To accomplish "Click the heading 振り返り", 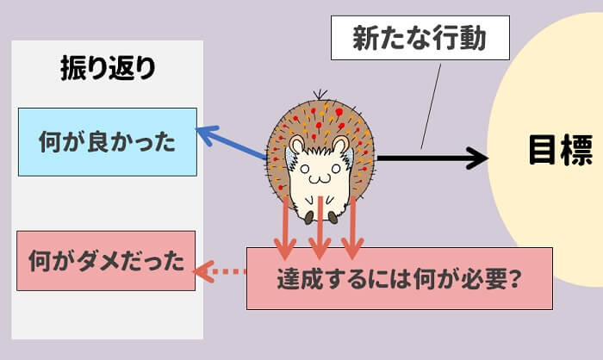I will click(109, 69).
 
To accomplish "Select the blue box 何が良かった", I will click(108, 141).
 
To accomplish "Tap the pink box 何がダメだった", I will click(107, 259).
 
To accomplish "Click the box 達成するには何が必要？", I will click(399, 279).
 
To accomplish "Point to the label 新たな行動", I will click(420, 38).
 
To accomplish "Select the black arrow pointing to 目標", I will click(431, 158).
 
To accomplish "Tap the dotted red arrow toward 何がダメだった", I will click(221, 273).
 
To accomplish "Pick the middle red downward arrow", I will click(320, 228).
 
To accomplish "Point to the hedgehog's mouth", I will click(319, 179).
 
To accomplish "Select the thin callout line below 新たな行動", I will click(432, 103).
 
